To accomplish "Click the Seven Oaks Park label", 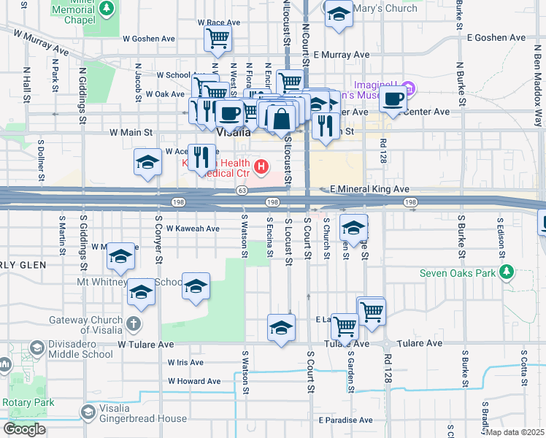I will point(458,274).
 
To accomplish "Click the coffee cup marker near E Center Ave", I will point(393,99).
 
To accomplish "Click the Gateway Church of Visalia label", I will point(88,321).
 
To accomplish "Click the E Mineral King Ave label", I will point(369,189).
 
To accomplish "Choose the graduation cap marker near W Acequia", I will point(147,163).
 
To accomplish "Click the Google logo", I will point(24,429).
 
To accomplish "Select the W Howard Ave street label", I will point(194,381).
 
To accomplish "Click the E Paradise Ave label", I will point(345,420).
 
